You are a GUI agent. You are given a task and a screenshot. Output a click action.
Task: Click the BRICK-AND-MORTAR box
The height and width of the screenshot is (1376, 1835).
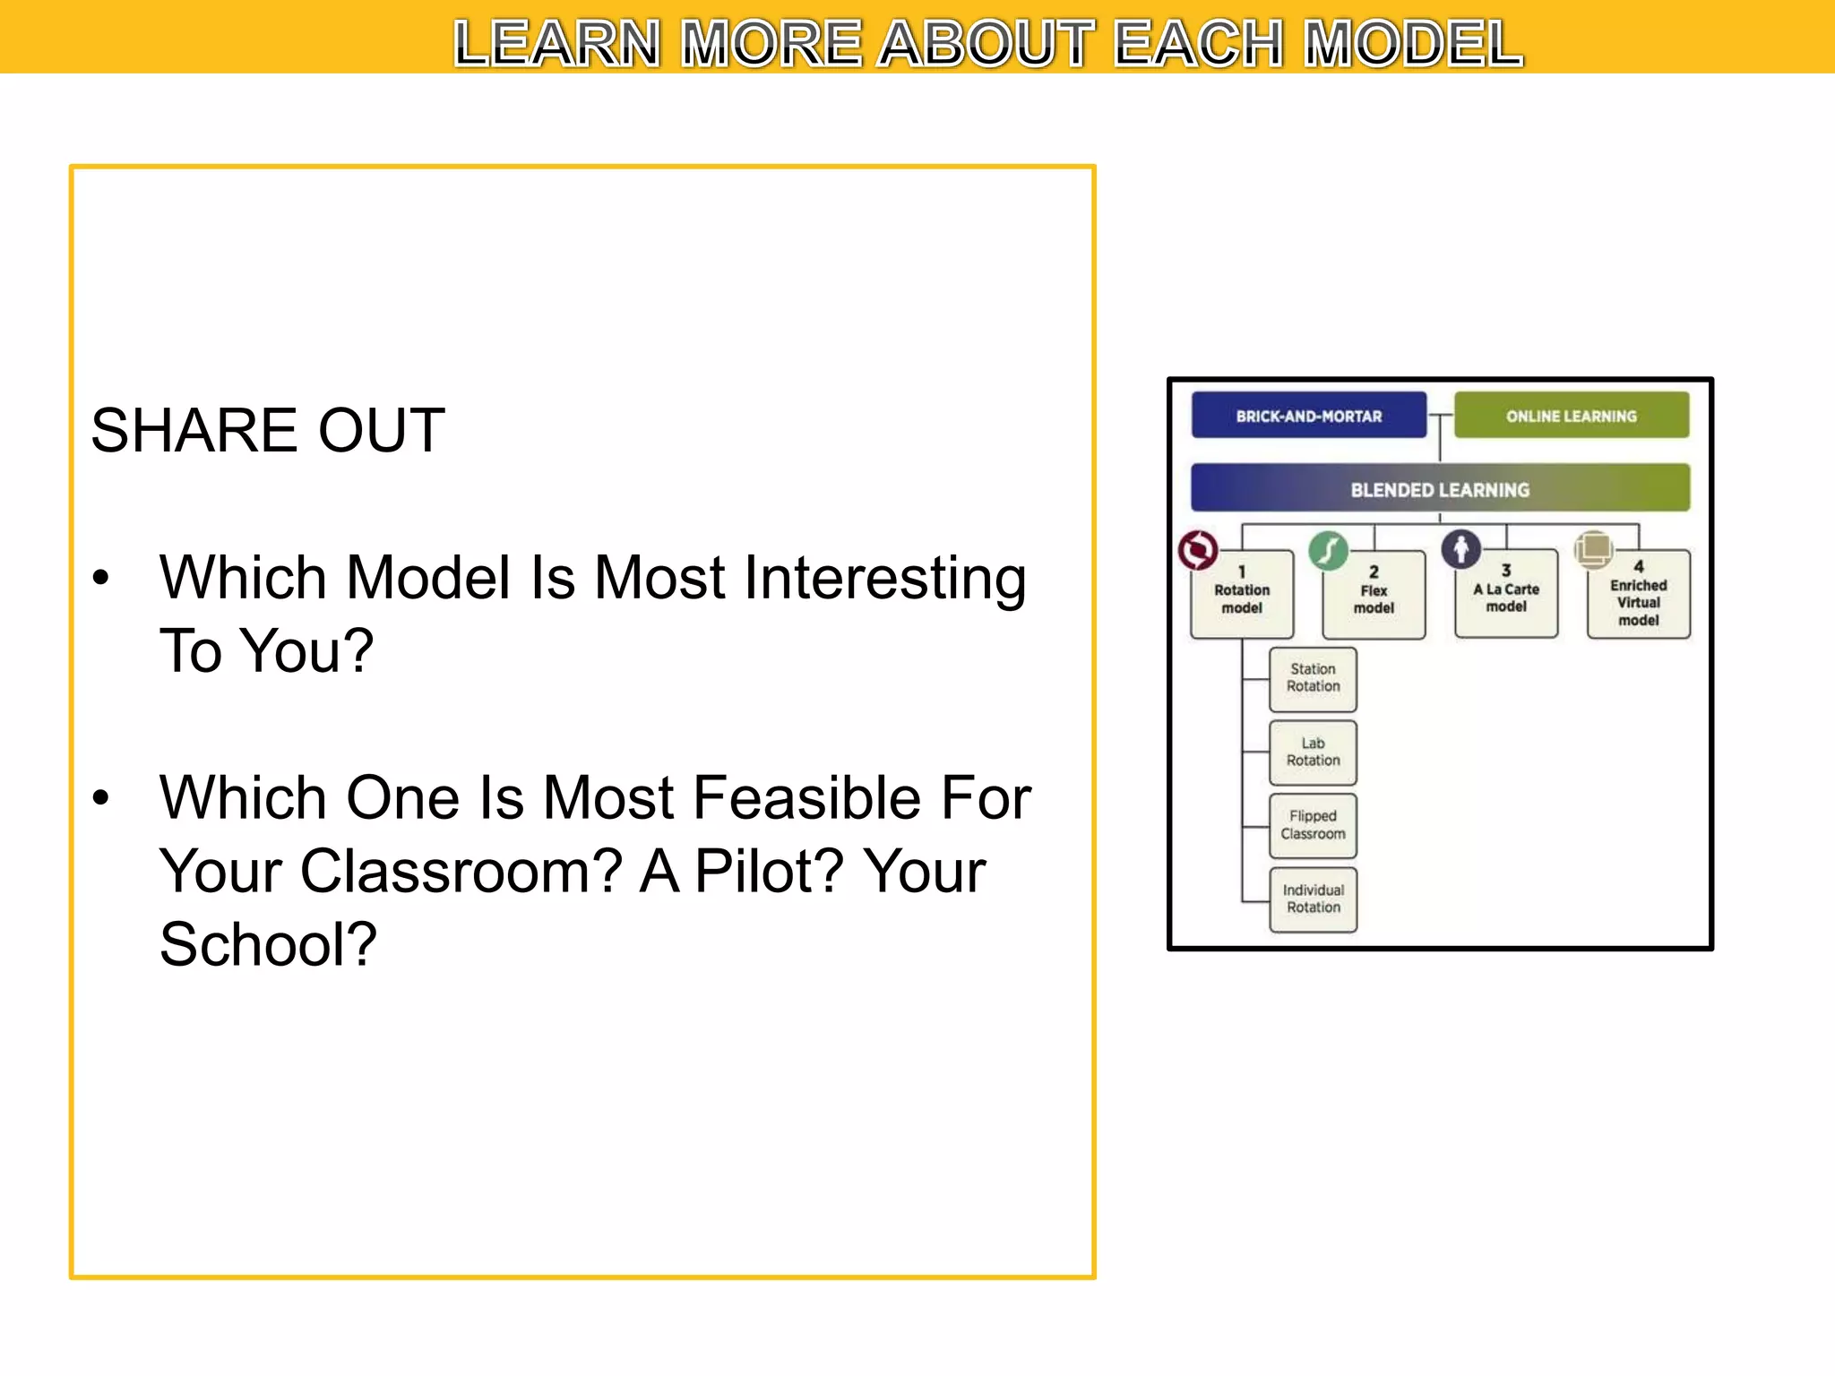(x=1308, y=416)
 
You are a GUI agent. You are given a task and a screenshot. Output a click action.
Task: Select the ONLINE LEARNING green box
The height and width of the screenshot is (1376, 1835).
(x=1571, y=416)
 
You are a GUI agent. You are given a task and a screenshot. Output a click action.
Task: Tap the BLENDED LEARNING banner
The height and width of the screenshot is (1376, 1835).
(x=1440, y=489)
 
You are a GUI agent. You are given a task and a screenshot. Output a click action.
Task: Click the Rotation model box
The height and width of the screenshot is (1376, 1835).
(x=1242, y=596)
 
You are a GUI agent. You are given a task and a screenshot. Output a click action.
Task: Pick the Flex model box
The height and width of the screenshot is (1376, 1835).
(x=1374, y=596)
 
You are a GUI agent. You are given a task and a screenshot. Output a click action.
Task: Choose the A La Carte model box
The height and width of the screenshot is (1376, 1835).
(x=1506, y=595)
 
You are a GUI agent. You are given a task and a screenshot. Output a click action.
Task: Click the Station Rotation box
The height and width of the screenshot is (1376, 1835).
(x=1313, y=678)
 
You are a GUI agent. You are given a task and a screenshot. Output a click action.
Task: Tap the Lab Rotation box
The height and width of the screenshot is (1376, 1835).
(x=1313, y=752)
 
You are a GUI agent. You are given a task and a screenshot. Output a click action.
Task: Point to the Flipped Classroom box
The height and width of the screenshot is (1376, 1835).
(x=1313, y=825)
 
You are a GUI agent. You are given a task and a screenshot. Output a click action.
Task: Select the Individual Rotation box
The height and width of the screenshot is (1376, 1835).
(x=1313, y=899)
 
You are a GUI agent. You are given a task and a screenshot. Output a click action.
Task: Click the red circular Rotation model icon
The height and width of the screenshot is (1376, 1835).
(x=1198, y=550)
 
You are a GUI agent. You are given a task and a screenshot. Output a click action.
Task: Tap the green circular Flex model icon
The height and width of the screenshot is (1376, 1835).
(x=1328, y=550)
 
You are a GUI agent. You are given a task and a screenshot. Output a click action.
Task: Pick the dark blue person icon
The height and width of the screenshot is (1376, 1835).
(x=1460, y=548)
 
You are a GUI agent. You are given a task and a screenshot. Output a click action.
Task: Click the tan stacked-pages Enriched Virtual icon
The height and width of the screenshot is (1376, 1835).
(x=1594, y=548)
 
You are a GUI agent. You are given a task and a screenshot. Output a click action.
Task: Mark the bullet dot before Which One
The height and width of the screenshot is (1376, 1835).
(x=101, y=797)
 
